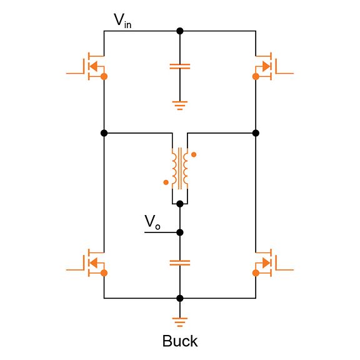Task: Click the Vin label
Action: tap(122, 20)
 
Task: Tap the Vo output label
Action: tap(152, 222)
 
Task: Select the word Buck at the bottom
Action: tap(179, 341)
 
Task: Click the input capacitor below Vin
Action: tap(180, 66)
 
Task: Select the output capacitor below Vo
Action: tap(180, 262)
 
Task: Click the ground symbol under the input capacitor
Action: tap(180, 105)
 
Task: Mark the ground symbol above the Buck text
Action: tap(180, 322)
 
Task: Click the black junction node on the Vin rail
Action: tap(180, 31)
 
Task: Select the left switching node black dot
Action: tap(104, 132)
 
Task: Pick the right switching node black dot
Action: tap(256, 132)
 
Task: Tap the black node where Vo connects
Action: tap(180, 232)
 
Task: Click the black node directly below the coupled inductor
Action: tap(180, 204)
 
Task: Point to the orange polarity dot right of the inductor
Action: tap(194, 154)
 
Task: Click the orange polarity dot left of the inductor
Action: tap(166, 182)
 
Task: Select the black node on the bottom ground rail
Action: tap(180, 298)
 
